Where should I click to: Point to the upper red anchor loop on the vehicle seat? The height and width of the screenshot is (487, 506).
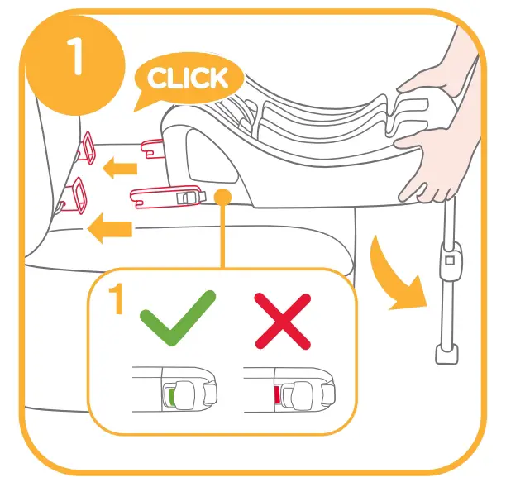pyautogui.click(x=86, y=149)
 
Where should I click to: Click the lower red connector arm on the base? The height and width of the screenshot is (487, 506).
pyautogui.click(x=165, y=196)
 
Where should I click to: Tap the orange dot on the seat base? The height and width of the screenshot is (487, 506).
pyautogui.click(x=222, y=196)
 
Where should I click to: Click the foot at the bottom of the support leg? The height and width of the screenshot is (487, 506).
pyautogui.click(x=446, y=354)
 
